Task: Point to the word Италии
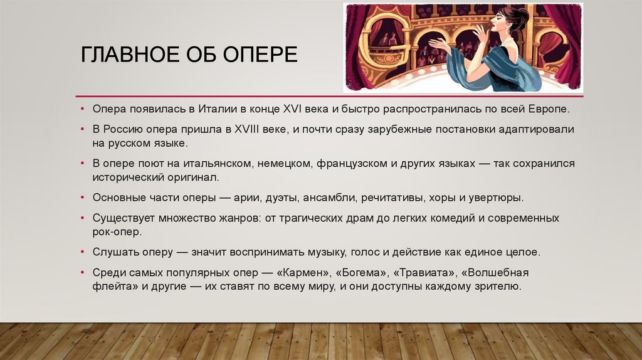click(213, 109)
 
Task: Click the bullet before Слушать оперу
click(83, 253)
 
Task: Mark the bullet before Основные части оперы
click(83, 198)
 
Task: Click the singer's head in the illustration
click(513, 23)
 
